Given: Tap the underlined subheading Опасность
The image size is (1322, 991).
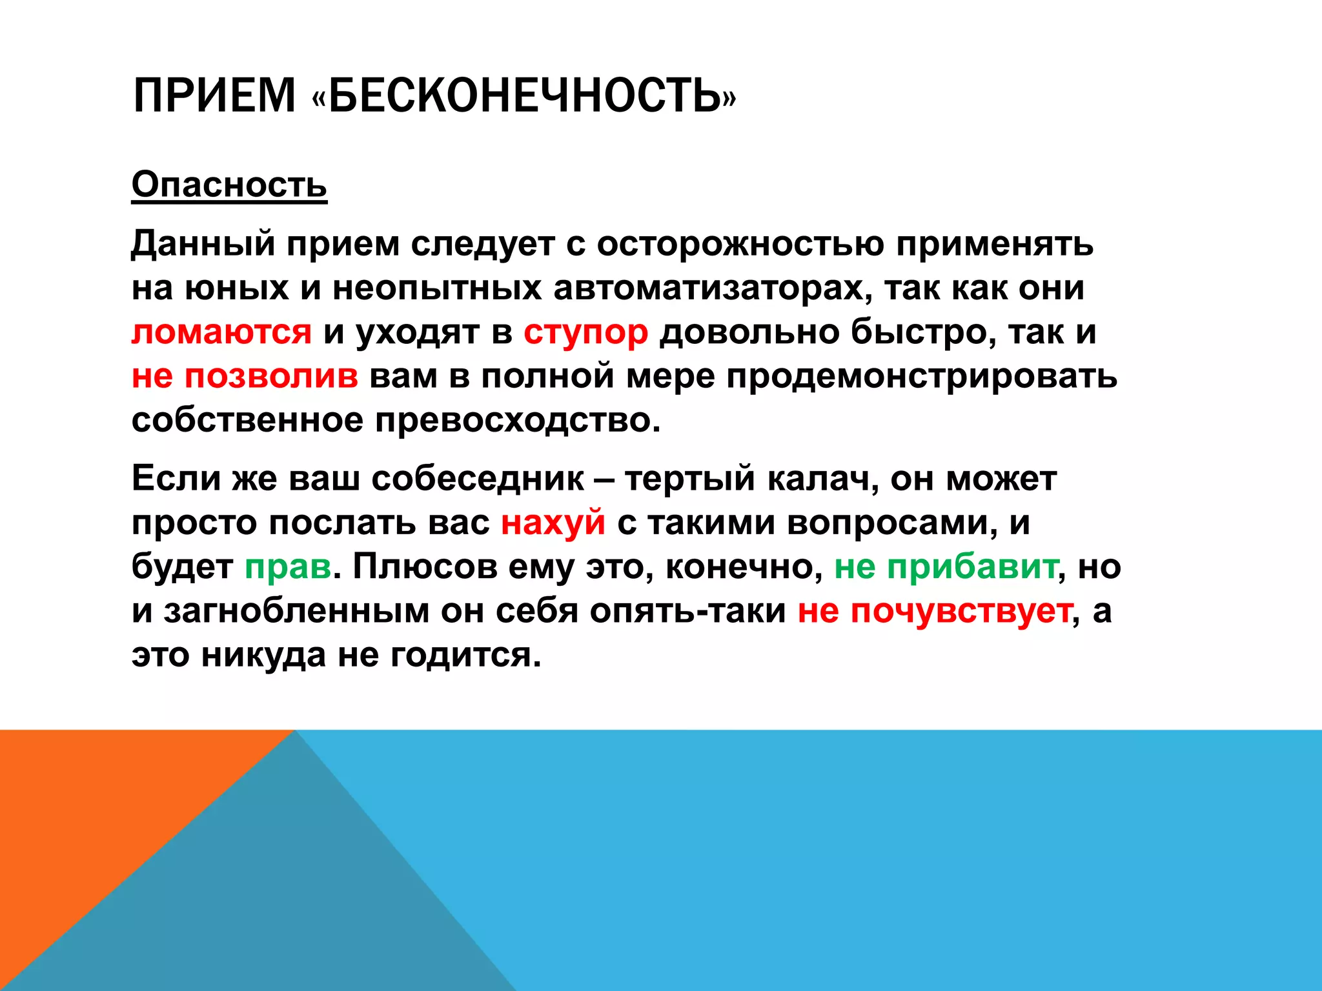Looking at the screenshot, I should [229, 185].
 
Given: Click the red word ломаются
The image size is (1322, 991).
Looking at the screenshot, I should [221, 332].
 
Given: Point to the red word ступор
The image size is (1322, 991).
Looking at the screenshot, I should [585, 332].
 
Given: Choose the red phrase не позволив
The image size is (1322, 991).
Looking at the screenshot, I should [245, 376].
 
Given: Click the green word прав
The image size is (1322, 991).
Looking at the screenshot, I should [288, 567].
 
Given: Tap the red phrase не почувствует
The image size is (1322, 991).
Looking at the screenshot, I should [935, 610].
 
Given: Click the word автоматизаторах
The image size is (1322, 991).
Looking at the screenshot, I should [708, 288].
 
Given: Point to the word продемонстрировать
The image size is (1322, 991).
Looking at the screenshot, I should [922, 376].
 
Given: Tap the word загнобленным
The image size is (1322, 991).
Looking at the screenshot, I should [296, 610].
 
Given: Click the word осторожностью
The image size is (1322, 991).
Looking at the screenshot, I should [740, 245].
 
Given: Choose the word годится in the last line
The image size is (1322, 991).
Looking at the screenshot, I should [465, 655].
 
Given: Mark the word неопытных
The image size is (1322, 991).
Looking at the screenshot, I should [437, 288].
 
